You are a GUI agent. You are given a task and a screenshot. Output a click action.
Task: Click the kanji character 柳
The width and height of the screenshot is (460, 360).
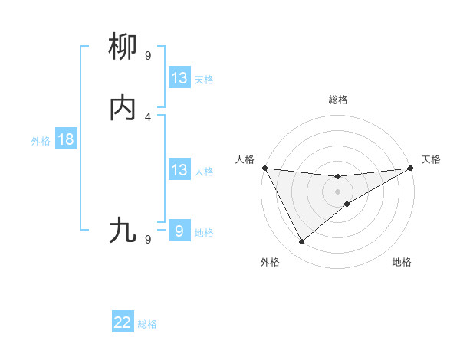pyautogui.click(x=123, y=47)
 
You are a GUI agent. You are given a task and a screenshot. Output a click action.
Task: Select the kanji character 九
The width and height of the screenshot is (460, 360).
pyautogui.click(x=123, y=230)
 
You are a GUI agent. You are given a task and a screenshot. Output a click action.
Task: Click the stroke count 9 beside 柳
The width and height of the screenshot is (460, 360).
pyautogui.click(x=148, y=56)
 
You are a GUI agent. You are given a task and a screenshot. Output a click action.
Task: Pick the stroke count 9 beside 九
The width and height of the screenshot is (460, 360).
pyautogui.click(x=148, y=239)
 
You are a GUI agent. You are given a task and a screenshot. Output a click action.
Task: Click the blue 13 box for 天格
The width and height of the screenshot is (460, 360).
pyautogui.click(x=179, y=78)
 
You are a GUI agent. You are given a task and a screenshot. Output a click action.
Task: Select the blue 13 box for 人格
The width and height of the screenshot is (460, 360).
pyautogui.click(x=179, y=170)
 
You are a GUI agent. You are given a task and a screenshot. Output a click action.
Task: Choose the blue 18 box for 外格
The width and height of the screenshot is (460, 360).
pyautogui.click(x=65, y=139)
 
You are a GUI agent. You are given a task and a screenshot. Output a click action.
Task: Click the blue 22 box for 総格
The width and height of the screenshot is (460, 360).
pyautogui.click(x=123, y=323)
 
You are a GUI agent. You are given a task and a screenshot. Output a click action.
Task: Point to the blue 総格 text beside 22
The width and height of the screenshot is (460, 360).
pyautogui.click(x=147, y=324)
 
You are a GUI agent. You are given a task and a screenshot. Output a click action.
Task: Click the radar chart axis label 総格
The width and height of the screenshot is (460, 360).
pyautogui.click(x=338, y=100)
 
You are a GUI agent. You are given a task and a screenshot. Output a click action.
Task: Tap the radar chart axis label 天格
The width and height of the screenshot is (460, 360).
pyautogui.click(x=431, y=159)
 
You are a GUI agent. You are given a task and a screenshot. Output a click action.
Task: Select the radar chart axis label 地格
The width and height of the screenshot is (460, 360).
pyautogui.click(x=402, y=262)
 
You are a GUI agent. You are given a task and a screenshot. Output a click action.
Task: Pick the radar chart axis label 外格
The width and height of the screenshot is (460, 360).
pyautogui.click(x=270, y=262)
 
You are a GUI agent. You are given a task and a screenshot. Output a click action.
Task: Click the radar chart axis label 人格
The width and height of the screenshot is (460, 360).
pyautogui.click(x=245, y=159)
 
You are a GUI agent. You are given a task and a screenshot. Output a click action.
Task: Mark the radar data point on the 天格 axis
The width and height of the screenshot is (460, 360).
pyautogui.click(x=410, y=168)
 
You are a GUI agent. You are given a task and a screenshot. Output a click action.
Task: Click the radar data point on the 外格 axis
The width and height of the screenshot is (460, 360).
pyautogui.click(x=301, y=242)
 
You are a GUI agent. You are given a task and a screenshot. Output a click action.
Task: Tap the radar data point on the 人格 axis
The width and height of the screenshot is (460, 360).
pyautogui.click(x=265, y=168)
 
